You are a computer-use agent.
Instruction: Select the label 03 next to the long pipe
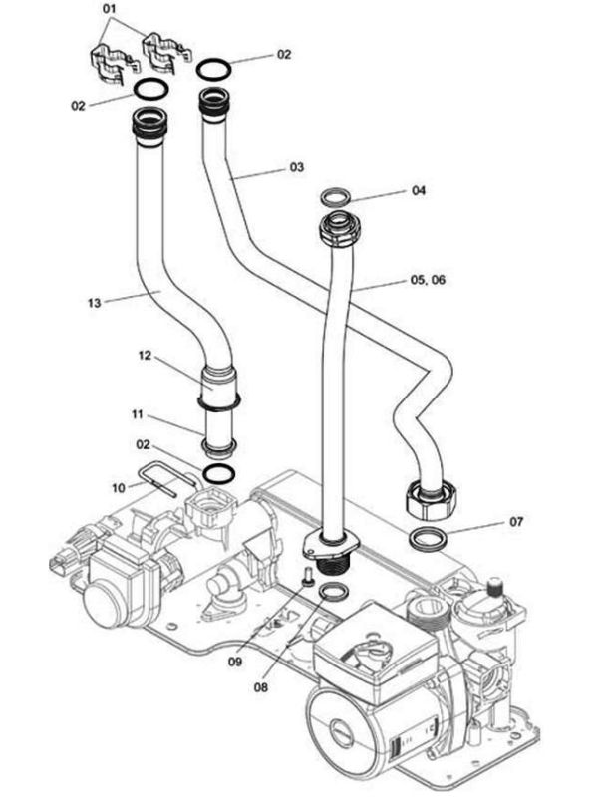click(296, 168)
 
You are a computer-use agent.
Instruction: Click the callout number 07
click(516, 521)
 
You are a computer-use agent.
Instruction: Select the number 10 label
click(119, 487)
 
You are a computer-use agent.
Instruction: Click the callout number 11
click(139, 412)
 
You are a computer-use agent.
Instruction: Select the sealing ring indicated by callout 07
click(430, 540)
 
